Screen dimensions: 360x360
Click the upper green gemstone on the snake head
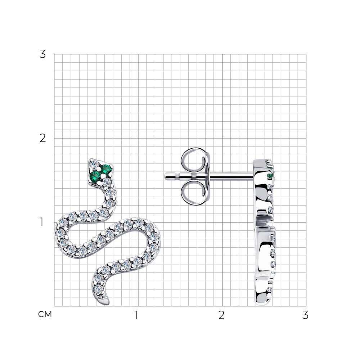pyautogui.click(x=107, y=169)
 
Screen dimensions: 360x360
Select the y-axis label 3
pyautogui.click(x=42, y=54)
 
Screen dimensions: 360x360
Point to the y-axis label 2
pyautogui.click(x=42, y=138)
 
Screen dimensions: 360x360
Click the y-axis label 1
pyautogui.click(x=41, y=222)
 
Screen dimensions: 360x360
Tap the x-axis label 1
pyautogui.click(x=136, y=315)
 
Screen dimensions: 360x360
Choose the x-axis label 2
pyautogui.click(x=221, y=315)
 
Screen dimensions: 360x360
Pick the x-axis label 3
pyautogui.click(x=305, y=315)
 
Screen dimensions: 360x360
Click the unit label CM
pyautogui.click(x=45, y=314)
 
